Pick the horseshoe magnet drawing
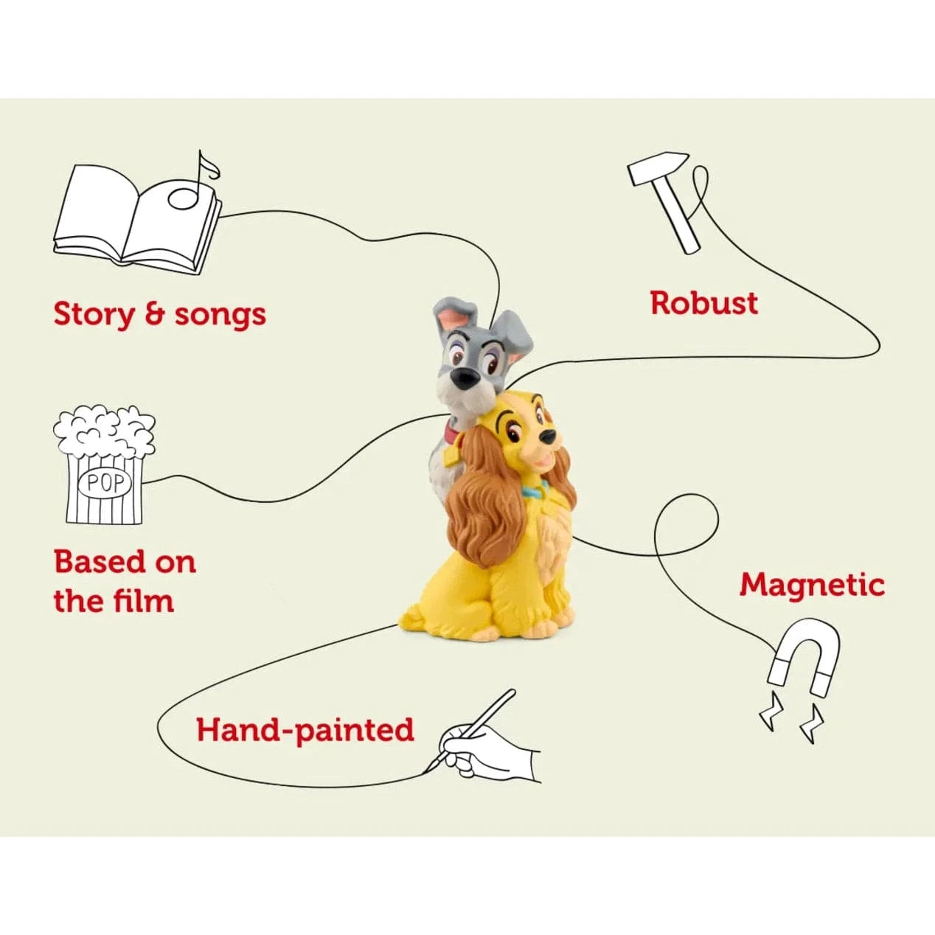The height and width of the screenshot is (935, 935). pos(803,658)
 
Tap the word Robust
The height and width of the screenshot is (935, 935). pos(703,303)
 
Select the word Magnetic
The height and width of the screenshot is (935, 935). pos(812,585)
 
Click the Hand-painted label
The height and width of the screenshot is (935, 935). pos(305,730)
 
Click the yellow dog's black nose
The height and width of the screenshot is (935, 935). pos(549,437)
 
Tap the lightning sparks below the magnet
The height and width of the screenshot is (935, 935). pos(791,723)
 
